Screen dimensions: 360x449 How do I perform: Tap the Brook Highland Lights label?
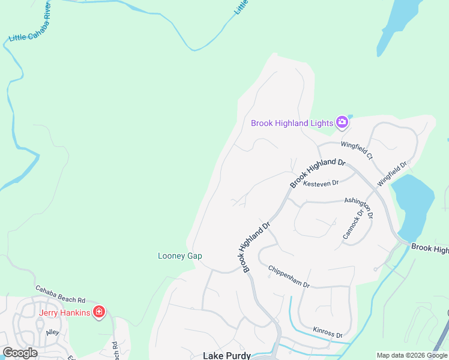[x=292, y=123]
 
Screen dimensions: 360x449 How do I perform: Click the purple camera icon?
[x=342, y=122]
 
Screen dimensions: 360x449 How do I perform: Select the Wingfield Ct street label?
[x=357, y=150]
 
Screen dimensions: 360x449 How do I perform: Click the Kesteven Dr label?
[x=321, y=182]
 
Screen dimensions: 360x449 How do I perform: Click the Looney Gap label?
[x=179, y=256]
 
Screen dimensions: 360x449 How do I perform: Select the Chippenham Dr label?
[x=288, y=276]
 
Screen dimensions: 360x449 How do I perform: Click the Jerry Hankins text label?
[x=65, y=312]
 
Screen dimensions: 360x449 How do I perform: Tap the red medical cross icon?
[x=99, y=312]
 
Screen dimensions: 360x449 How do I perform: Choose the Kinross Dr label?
[x=328, y=332]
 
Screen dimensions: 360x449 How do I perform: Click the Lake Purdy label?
[x=227, y=355]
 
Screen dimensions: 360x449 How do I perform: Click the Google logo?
[x=20, y=353]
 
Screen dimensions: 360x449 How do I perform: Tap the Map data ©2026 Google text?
[x=412, y=355]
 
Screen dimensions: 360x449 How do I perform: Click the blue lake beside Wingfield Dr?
[x=414, y=204]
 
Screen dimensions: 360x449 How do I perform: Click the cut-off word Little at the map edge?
[x=241, y=7]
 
